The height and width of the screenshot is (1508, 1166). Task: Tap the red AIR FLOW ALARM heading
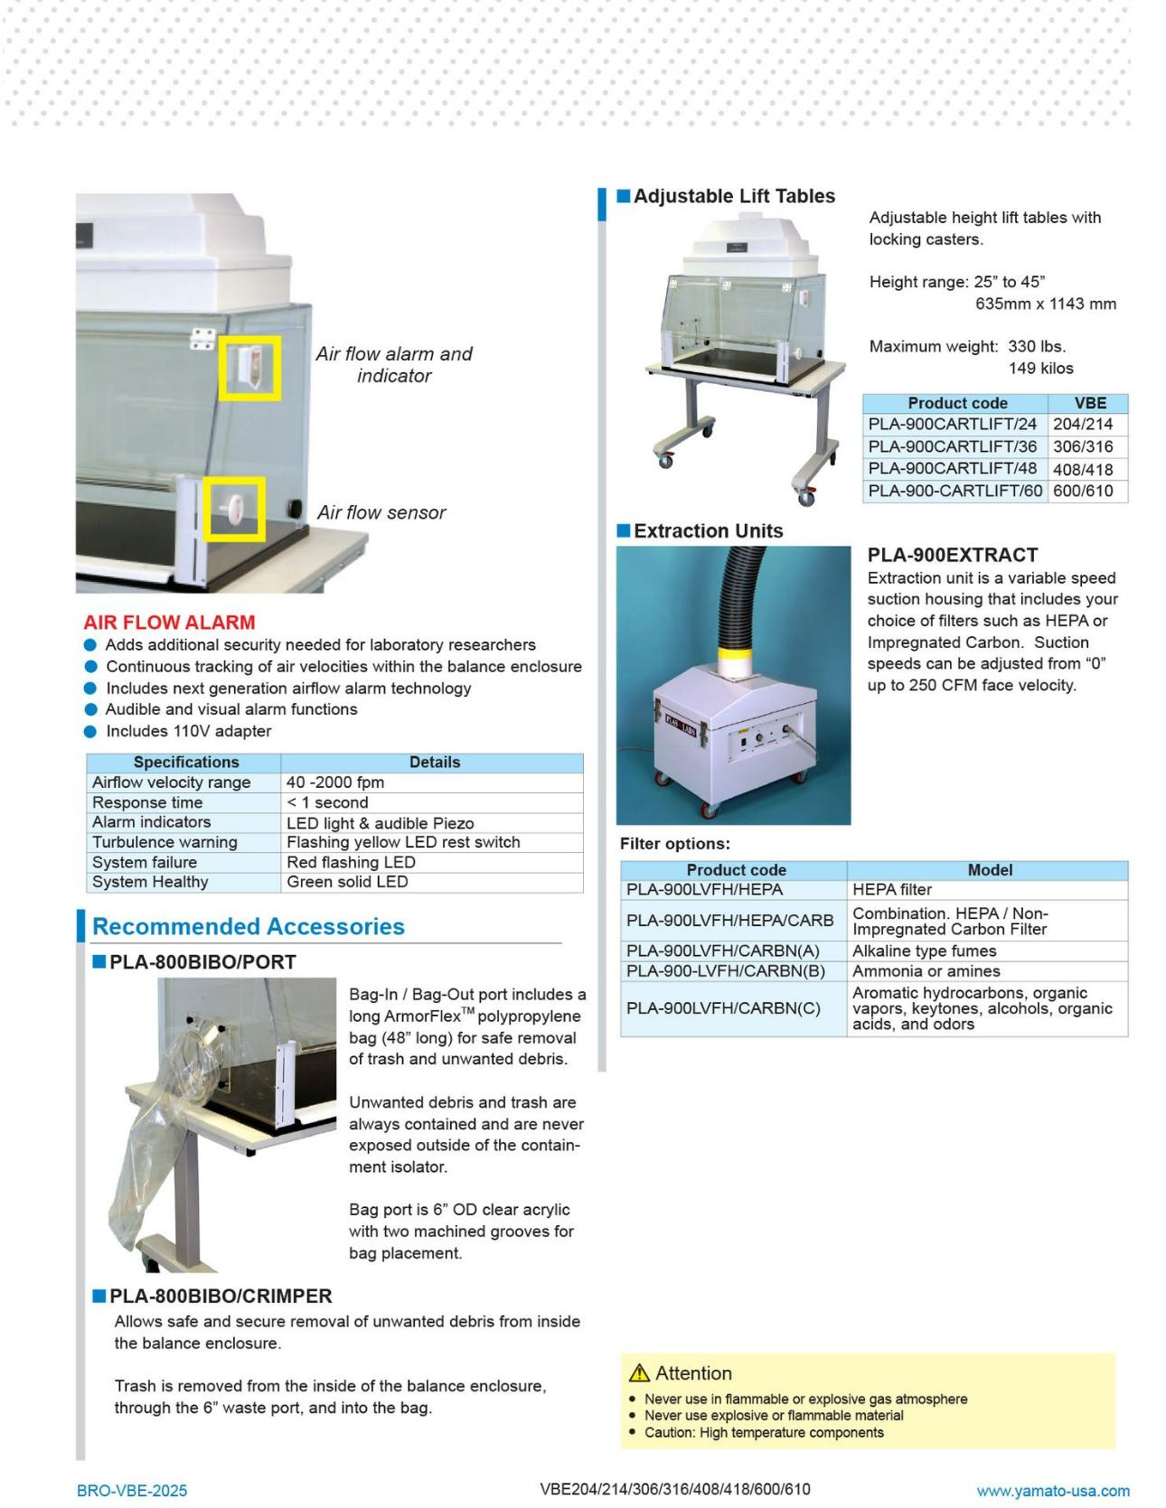169,623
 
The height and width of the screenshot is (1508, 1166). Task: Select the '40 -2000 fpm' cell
335,782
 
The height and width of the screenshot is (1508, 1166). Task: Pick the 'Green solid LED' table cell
347,882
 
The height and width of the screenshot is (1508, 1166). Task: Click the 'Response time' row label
147,802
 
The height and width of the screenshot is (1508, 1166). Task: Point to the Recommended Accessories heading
249,926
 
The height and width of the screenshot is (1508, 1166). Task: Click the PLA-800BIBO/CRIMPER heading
221,1296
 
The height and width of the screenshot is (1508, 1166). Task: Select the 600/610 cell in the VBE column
1083,491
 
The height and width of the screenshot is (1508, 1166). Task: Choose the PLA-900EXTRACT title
953,555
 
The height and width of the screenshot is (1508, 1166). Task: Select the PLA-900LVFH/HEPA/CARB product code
730,921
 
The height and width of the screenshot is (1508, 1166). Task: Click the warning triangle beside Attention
639,1373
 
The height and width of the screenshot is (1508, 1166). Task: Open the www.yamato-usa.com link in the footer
1053,1491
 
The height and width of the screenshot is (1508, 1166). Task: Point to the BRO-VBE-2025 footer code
132,1491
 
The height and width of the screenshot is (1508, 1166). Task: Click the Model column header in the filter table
990,870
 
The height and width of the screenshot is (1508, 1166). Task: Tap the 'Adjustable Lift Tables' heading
734,196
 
